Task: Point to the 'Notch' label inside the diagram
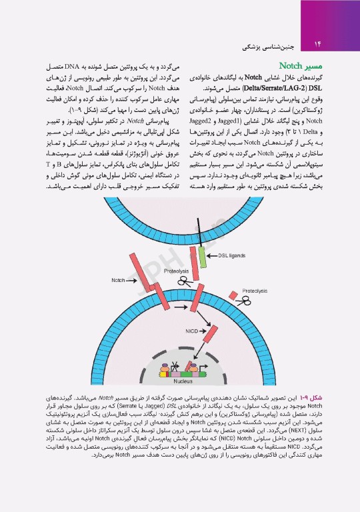pos(119,280)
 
